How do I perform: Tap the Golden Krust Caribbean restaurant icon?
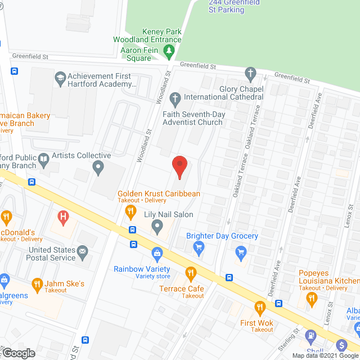130,211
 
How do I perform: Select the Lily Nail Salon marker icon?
157,227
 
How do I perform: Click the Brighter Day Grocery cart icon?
198,246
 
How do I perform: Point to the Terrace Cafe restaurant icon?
191,273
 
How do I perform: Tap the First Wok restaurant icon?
259,307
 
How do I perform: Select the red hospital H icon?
63,215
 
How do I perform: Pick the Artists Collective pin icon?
98,166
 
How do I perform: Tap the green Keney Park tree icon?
168,51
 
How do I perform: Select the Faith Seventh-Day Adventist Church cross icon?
175,100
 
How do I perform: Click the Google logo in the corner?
19,353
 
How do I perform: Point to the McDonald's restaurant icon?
6,217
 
